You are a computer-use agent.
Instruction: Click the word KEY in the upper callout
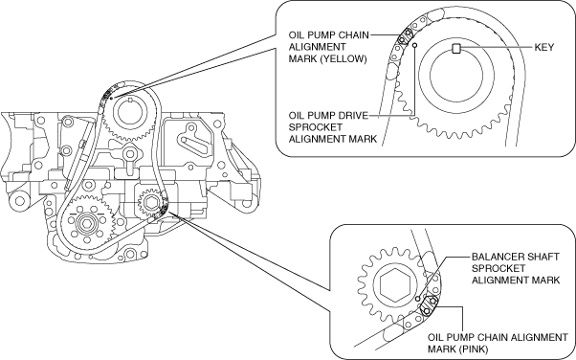pyautogui.click(x=544, y=48)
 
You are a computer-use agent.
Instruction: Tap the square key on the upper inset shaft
pyautogui.click(x=455, y=48)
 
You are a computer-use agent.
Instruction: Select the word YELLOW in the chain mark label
pyautogui.click(x=343, y=58)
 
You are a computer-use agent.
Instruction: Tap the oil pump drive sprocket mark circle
pyautogui.click(x=415, y=45)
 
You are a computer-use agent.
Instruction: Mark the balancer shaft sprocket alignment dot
pyautogui.click(x=418, y=299)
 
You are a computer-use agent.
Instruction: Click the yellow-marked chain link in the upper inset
pyautogui.click(x=405, y=36)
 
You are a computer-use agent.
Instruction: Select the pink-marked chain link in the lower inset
pyautogui.click(x=429, y=306)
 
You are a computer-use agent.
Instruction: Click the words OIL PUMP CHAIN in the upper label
pyautogui.click(x=328, y=35)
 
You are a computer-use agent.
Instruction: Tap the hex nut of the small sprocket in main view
pyautogui.click(x=150, y=201)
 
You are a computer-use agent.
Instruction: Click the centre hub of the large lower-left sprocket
pyautogui.click(x=87, y=223)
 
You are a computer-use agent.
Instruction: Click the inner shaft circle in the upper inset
pyautogui.click(x=456, y=77)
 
